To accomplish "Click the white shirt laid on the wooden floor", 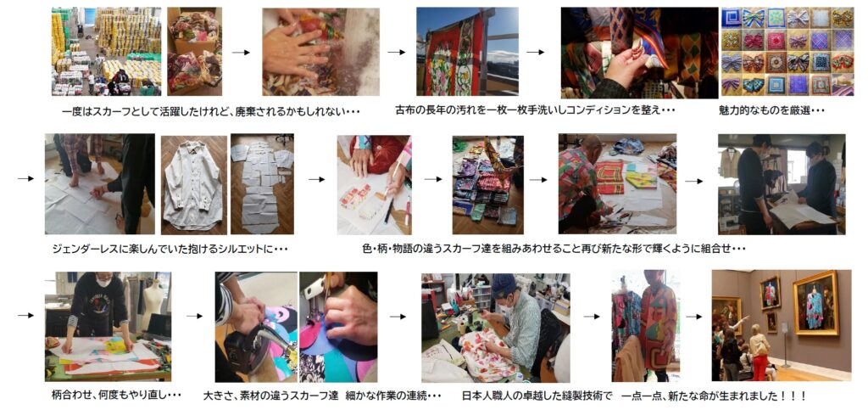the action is coord(193,186).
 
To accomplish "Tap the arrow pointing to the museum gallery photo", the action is coord(694,317).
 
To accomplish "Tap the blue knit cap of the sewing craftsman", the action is coord(503,284).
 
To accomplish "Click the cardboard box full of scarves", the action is coord(194,53).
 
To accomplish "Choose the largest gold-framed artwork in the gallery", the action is coord(816,302).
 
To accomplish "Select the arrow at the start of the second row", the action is coord(25,179).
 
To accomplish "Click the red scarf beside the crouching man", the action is coord(609,177).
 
